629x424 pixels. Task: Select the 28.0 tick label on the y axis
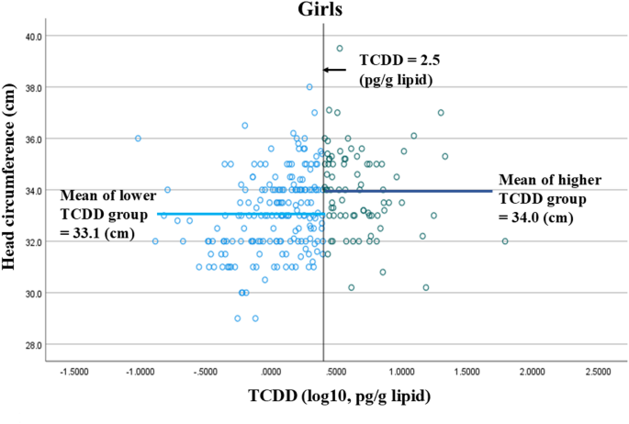pyautogui.click(x=28, y=345)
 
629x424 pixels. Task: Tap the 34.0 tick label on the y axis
pyautogui.click(x=28, y=190)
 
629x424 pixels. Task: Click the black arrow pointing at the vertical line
pyautogui.click(x=335, y=70)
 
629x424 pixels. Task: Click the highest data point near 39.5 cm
pyautogui.click(x=340, y=49)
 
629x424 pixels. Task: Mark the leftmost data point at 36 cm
pyautogui.click(x=138, y=139)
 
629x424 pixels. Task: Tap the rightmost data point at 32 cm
pyautogui.click(x=505, y=241)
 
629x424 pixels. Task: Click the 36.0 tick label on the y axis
pyautogui.click(x=28, y=139)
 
